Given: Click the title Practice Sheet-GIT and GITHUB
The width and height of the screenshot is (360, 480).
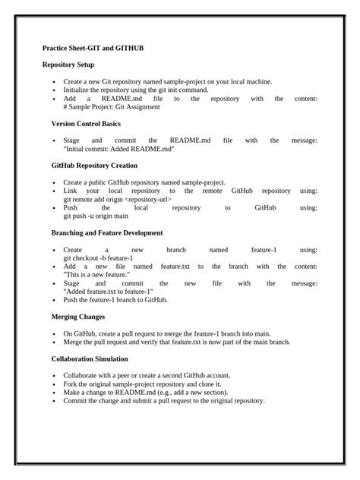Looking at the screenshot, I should tap(93, 48).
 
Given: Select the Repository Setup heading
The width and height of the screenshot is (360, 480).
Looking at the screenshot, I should tap(73, 65).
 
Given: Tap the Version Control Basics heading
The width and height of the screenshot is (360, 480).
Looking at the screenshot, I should tap(86, 123).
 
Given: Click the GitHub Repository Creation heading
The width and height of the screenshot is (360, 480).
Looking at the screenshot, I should tap(94, 165).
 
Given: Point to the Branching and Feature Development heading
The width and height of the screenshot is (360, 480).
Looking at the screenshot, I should tap(107, 232).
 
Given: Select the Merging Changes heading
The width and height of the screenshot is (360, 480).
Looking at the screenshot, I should tap(78, 317).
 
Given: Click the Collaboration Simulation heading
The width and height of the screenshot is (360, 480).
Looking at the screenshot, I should tap(90, 358).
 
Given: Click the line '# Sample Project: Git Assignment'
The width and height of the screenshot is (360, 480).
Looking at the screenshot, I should tap(112, 107).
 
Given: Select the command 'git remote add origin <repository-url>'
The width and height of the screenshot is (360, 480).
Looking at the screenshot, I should tap(117, 199).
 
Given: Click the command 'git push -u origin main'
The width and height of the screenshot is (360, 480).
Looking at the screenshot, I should tap(96, 216).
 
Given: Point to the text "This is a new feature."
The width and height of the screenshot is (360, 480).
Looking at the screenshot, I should tap(98, 274).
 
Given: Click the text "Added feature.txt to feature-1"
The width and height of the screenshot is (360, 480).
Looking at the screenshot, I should tap(109, 291).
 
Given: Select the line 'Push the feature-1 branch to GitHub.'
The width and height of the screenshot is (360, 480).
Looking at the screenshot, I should tap(115, 299).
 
